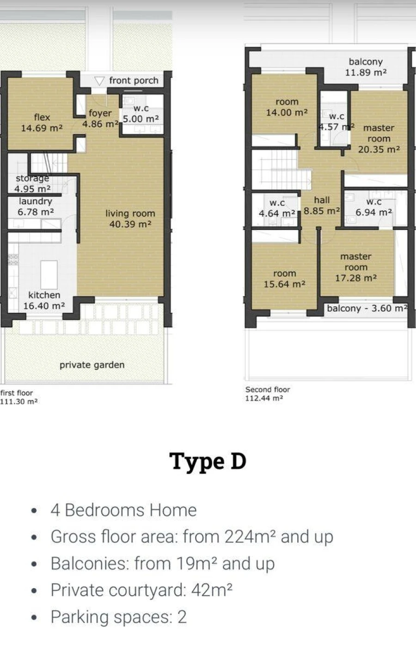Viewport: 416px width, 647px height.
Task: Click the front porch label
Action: click(x=134, y=81)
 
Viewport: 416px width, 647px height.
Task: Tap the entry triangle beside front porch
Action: click(x=99, y=81)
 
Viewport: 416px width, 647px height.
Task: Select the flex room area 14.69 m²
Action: click(x=42, y=128)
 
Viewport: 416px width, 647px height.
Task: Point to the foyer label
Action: click(x=100, y=113)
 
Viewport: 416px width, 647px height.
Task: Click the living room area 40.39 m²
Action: click(x=130, y=224)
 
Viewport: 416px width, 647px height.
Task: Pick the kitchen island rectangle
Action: click(x=49, y=275)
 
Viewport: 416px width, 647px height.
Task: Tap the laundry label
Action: click(x=36, y=201)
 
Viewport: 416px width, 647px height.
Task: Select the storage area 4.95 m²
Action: click(x=33, y=189)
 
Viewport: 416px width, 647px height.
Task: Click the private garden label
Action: click(x=92, y=365)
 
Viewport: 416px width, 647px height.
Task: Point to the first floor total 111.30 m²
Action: click(x=19, y=402)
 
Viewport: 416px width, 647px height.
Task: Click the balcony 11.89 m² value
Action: click(x=366, y=72)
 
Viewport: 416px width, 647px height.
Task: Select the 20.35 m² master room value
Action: click(x=379, y=149)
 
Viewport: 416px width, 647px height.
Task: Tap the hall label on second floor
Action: click(x=322, y=200)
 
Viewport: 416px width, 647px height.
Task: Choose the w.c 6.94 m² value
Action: click(x=373, y=212)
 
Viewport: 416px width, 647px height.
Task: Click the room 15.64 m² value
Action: click(x=284, y=284)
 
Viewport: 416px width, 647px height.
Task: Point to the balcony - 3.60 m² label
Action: click(x=367, y=308)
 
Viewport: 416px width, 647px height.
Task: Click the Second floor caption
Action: click(x=268, y=389)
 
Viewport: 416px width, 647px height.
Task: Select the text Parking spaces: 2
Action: click(x=119, y=617)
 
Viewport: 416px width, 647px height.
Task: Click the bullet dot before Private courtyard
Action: click(x=34, y=591)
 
